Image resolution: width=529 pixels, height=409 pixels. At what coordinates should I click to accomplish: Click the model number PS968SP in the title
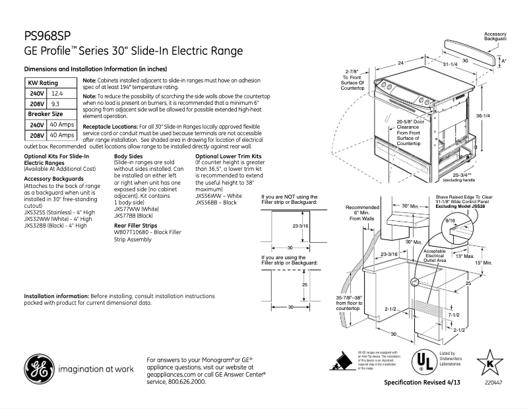(47, 35)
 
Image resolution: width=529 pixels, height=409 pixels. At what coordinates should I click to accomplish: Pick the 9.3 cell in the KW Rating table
(57, 104)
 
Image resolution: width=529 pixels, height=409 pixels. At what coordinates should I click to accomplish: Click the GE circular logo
(41, 369)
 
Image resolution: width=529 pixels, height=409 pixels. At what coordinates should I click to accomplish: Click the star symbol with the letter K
(489, 362)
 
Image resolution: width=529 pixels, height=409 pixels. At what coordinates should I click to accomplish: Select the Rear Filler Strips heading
(137, 225)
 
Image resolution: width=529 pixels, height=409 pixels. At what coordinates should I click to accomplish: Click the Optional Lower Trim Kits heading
(226, 156)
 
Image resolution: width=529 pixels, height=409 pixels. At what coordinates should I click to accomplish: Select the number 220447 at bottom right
(491, 383)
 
